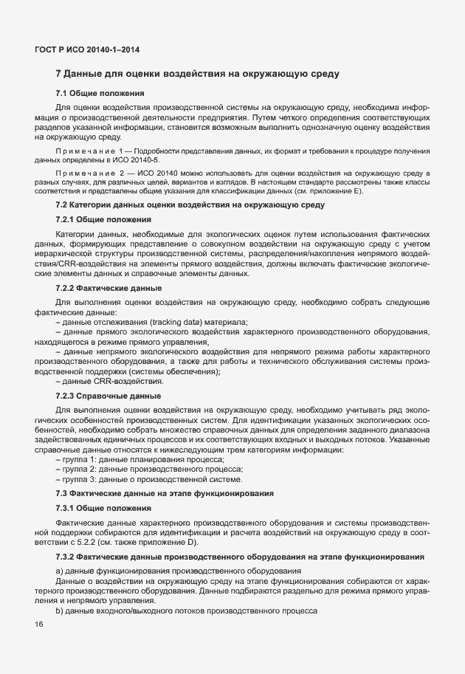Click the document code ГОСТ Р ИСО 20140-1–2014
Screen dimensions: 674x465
pyautogui.click(x=87, y=49)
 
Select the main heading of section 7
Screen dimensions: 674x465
pyautogui.click(x=197, y=75)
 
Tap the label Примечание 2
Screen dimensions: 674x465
pyautogui.click(x=83, y=172)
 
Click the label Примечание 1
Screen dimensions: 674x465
pyautogui.click(x=83, y=151)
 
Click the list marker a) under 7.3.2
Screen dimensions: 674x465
pyautogui.click(x=59, y=571)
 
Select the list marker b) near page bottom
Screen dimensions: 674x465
pyautogui.click(x=59, y=613)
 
